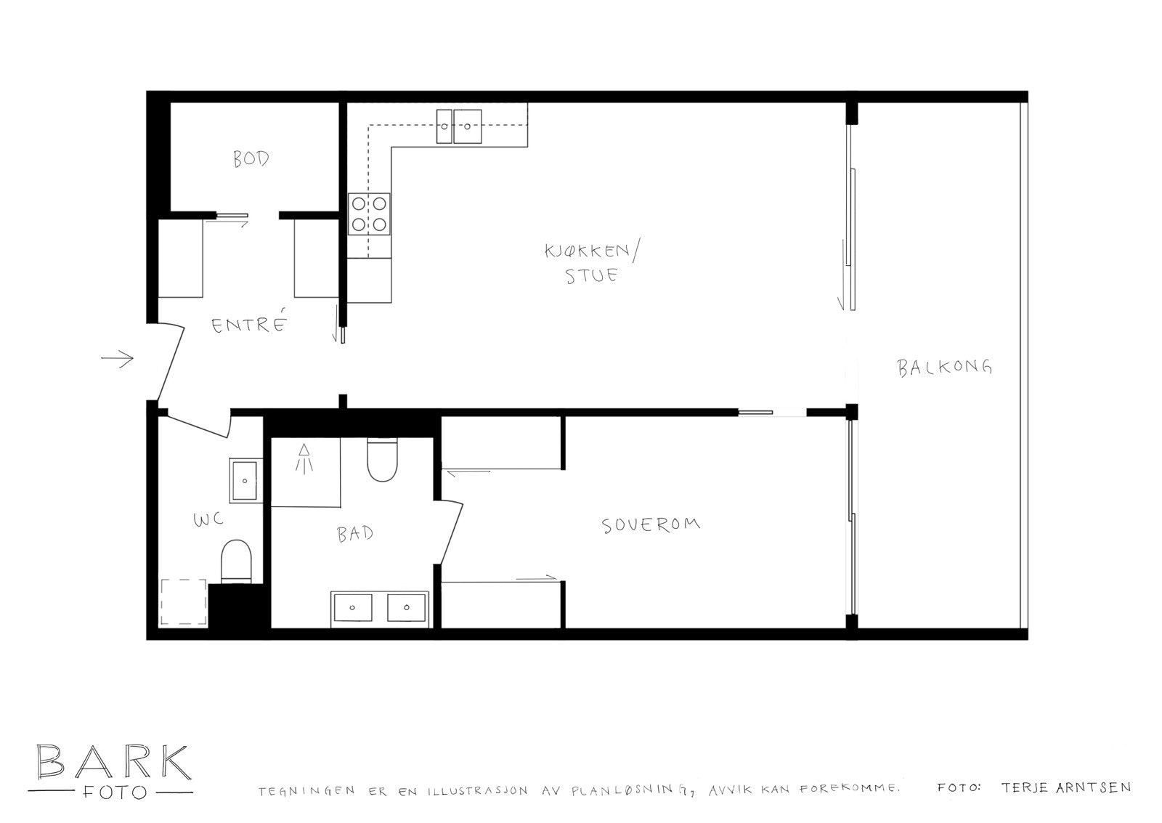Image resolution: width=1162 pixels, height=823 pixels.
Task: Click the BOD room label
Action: coord(251,158)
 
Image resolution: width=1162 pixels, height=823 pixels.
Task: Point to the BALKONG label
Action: coord(944,367)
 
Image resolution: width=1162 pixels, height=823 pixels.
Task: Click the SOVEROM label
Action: coord(651,524)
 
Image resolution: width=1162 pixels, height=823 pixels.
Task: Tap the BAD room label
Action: coord(355,534)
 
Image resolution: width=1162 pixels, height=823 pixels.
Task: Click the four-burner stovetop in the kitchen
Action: coord(369,214)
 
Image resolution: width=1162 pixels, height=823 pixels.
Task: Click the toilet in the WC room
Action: coord(235,560)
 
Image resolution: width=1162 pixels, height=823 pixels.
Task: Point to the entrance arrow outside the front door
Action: coord(118,358)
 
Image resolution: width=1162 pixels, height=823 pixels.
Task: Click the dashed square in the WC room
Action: coord(184,601)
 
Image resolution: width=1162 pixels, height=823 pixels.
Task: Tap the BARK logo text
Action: coord(113,762)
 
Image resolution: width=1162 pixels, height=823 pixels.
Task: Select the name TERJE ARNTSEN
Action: coord(1065,787)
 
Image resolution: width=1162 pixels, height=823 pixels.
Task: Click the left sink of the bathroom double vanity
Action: coord(353,607)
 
